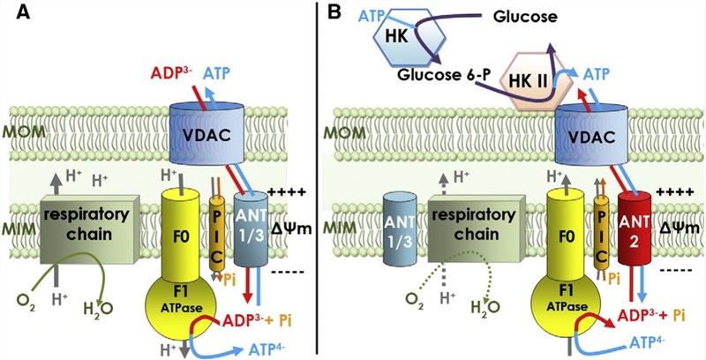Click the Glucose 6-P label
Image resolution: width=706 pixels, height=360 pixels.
433,77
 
